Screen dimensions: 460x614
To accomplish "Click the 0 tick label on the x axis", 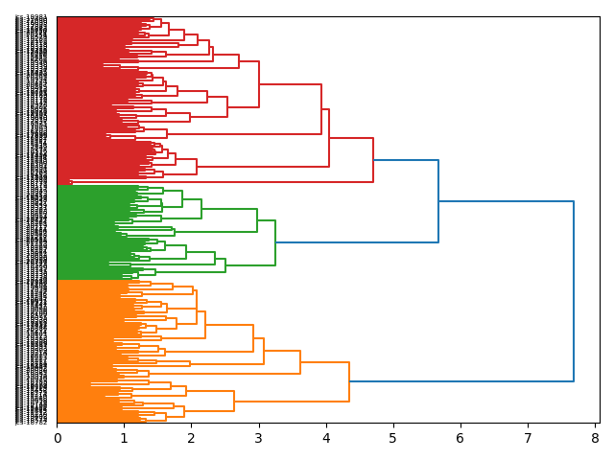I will [58, 438].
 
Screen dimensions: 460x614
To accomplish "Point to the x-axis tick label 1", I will [125, 438].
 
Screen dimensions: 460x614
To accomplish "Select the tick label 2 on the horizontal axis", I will [192, 438].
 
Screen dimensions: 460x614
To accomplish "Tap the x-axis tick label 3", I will [259, 438].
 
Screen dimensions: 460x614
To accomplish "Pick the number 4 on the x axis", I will [326, 438].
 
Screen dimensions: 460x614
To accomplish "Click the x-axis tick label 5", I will [393, 438].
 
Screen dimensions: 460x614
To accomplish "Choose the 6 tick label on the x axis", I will [460, 438].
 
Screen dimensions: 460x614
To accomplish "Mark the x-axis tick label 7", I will [528, 438].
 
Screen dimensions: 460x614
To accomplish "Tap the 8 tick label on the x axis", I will [595, 438].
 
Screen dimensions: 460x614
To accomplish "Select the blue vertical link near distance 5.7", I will [438, 201].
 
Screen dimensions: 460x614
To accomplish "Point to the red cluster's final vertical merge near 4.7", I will [373, 160].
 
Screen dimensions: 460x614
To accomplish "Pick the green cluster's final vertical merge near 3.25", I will [275, 243].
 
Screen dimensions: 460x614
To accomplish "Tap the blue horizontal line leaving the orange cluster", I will [460, 381].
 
